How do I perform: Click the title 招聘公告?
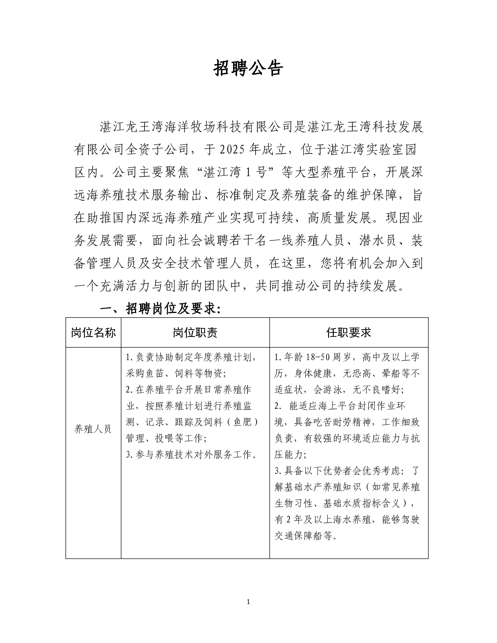pos(248,69)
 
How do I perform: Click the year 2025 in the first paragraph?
pos(233,150)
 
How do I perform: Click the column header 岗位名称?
pos(93,333)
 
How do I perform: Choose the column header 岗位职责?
pos(195,333)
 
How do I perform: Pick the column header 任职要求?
pos(348,333)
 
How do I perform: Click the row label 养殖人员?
pos(93,429)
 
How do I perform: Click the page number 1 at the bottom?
pos(248,601)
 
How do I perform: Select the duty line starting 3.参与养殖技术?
pos(192,455)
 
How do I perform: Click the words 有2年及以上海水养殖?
pos(323,520)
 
